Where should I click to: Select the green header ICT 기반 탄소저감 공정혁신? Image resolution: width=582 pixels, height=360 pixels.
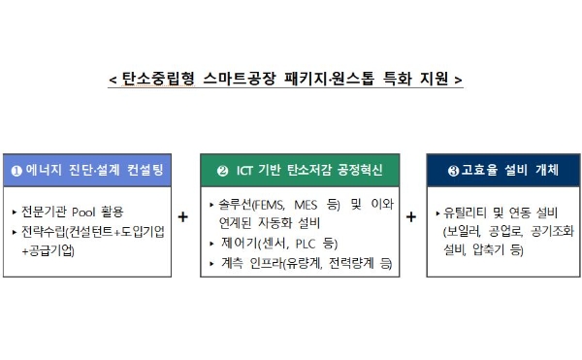[x=300, y=171]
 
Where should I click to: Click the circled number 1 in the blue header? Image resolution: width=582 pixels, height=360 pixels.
[x=16, y=171]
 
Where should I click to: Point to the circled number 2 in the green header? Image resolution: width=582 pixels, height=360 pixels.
[x=222, y=171]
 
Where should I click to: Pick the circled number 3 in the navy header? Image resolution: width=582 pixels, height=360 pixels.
[x=453, y=171]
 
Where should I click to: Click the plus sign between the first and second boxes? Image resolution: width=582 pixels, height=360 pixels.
[x=182, y=217]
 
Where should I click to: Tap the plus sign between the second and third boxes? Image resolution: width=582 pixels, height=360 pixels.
[x=411, y=217]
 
